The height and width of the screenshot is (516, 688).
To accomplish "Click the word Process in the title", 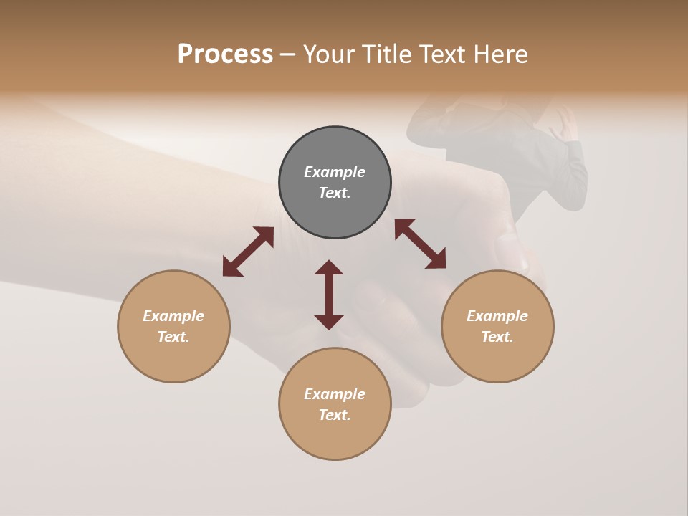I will (225, 54).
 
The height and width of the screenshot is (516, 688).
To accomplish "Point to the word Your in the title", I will (328, 54).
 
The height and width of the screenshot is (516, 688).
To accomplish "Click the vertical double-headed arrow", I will (329, 295).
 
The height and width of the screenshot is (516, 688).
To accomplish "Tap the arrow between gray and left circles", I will (248, 251).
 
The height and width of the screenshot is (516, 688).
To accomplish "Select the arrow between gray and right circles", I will (420, 244).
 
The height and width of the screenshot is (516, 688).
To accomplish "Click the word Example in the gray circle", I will (335, 172).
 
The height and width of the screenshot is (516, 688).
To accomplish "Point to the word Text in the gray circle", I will (335, 193).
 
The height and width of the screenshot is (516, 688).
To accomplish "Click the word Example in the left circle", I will (173, 316).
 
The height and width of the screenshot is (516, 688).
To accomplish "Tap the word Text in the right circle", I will (497, 337).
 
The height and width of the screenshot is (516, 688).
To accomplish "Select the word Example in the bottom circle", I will (335, 394).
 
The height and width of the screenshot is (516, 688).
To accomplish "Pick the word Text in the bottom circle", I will (335, 415).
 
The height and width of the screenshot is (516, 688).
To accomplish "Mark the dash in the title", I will (287, 54).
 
